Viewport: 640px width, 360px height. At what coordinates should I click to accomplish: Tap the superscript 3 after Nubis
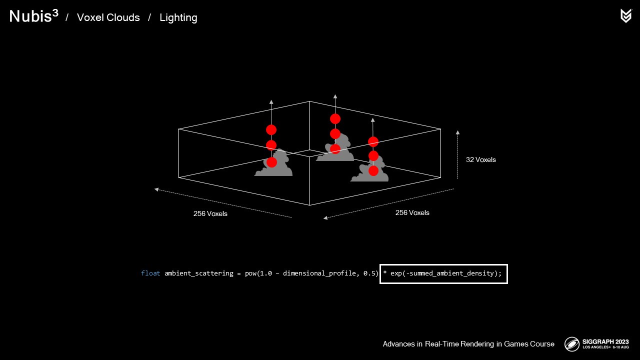tap(54, 13)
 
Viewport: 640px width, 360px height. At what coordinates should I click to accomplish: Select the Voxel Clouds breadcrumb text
tap(108, 17)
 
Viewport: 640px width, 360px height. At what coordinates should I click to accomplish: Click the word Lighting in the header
tap(178, 17)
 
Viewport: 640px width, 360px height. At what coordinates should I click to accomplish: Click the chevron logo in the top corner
tap(625, 16)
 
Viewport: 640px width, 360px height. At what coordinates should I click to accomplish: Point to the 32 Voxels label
tap(480, 159)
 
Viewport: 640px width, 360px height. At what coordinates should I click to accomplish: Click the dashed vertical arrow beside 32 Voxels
tap(457, 155)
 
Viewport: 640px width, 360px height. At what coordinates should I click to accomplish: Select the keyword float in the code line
tap(150, 273)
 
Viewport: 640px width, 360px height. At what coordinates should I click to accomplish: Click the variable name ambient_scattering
tap(198, 273)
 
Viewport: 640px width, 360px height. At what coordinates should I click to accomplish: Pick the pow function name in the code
tap(250, 273)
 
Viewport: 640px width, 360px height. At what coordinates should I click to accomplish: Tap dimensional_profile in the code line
tap(318, 273)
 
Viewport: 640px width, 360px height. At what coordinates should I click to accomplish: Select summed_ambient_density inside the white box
tap(454, 273)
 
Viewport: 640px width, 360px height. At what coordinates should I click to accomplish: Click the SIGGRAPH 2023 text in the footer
tap(605, 341)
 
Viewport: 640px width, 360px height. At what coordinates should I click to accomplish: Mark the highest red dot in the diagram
tap(335, 118)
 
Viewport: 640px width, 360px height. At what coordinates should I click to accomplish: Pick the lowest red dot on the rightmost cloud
tap(373, 171)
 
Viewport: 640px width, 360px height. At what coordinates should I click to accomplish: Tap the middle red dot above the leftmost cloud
tap(271, 145)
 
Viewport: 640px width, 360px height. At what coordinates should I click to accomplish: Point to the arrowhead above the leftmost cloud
tap(271, 101)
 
